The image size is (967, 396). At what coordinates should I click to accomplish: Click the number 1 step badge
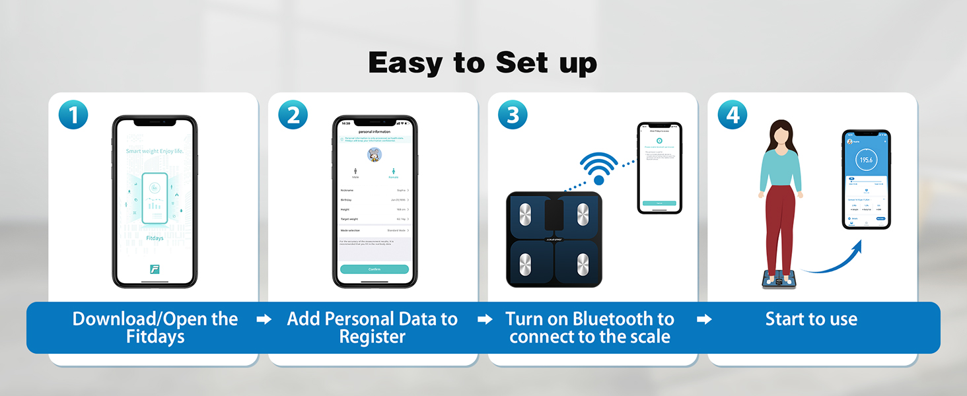click(73, 115)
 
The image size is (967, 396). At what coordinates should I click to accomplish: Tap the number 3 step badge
click(513, 115)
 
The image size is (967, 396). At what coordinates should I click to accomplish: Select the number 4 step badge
click(733, 115)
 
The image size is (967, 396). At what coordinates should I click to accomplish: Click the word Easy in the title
click(405, 63)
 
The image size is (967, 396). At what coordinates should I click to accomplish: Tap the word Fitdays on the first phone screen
click(155, 238)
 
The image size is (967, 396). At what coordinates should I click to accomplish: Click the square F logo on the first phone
click(155, 269)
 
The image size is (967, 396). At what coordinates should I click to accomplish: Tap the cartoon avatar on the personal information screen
click(375, 154)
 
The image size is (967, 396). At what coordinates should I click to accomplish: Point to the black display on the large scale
click(554, 213)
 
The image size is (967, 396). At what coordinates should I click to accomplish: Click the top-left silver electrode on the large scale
click(526, 214)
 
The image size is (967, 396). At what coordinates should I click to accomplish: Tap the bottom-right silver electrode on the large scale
click(583, 265)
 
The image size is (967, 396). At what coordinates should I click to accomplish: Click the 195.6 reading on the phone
click(866, 160)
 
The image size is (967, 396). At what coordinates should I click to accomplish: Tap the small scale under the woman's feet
click(781, 279)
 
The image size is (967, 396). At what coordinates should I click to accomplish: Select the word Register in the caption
click(372, 337)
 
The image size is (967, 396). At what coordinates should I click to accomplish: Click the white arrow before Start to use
click(704, 319)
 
